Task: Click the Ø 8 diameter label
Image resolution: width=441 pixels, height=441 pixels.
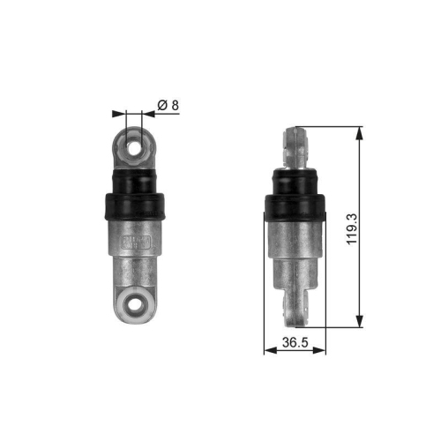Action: pos(168,105)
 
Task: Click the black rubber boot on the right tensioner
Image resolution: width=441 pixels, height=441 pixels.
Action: pos(295,205)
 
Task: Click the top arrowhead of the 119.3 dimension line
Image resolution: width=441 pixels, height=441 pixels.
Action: pos(360,133)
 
